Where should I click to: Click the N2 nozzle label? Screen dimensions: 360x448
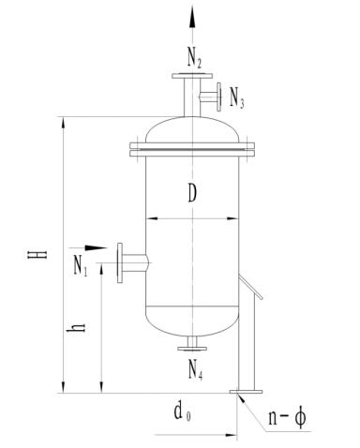(194, 58)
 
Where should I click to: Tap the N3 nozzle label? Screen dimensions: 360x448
(236, 97)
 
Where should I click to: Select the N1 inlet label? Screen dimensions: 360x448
(81, 265)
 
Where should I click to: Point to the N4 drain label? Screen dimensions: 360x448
(195, 369)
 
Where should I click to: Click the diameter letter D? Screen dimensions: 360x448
(192, 193)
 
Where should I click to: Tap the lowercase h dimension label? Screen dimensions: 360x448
(76, 327)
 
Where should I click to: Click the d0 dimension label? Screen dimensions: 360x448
(183, 411)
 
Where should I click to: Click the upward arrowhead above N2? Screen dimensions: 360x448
(192, 18)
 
